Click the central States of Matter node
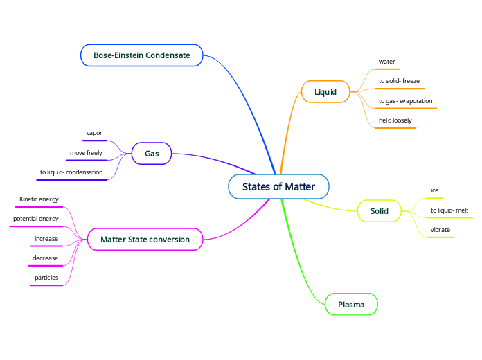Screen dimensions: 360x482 pyautogui.click(x=278, y=187)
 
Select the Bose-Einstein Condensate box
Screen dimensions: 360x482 pyautogui.click(x=142, y=55)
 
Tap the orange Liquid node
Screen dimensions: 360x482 pyautogui.click(x=325, y=92)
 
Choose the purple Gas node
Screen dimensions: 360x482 pyautogui.click(x=152, y=153)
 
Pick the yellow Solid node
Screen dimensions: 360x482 pyautogui.click(x=380, y=210)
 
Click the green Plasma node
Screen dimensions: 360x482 pyautogui.click(x=351, y=304)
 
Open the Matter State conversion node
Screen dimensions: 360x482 pyautogui.click(x=145, y=240)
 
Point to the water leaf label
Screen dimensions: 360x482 pyautogui.click(x=386, y=62)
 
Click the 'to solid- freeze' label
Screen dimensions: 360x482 pyautogui.click(x=399, y=81)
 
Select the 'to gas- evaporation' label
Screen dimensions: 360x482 pyautogui.click(x=405, y=101)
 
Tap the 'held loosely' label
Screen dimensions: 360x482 pyautogui.click(x=395, y=120)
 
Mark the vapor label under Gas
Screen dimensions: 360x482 pyautogui.click(x=94, y=132)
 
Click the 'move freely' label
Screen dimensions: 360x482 pyautogui.click(x=86, y=152)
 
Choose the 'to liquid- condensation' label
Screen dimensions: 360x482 pyautogui.click(x=71, y=172)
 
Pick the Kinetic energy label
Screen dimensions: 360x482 pyautogui.click(x=39, y=199)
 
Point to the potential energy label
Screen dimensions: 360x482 pyautogui.click(x=36, y=219)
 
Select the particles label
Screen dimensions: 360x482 pyautogui.click(x=46, y=278)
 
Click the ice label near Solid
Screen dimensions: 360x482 pyautogui.click(x=434, y=190)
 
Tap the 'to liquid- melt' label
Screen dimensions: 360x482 pyautogui.click(x=449, y=210)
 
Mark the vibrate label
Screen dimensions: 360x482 pyautogui.click(x=440, y=229)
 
